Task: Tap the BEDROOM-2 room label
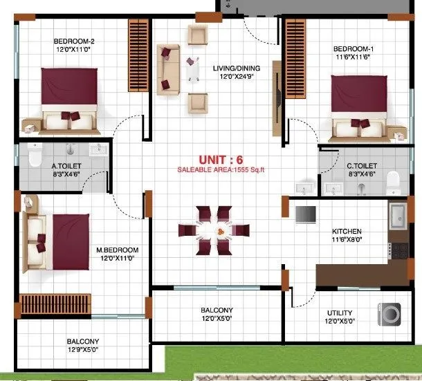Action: (74, 41)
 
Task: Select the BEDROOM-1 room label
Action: (354, 48)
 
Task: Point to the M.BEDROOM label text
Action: (118, 250)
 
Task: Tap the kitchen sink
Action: (399, 216)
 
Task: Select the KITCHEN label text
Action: (347, 231)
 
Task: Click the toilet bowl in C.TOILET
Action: (393, 181)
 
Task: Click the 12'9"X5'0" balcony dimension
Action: (82, 350)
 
